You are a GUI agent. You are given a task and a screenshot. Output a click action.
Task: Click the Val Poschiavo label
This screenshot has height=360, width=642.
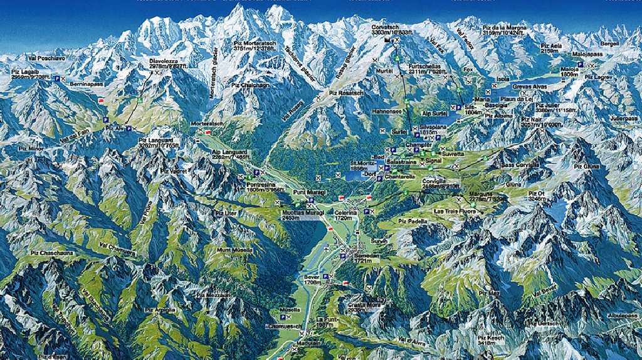point(46,58)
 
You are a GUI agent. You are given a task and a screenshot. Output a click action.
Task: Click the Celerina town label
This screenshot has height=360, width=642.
point(345,213)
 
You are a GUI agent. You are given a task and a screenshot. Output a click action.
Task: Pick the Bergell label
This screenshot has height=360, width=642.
point(609,45)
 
